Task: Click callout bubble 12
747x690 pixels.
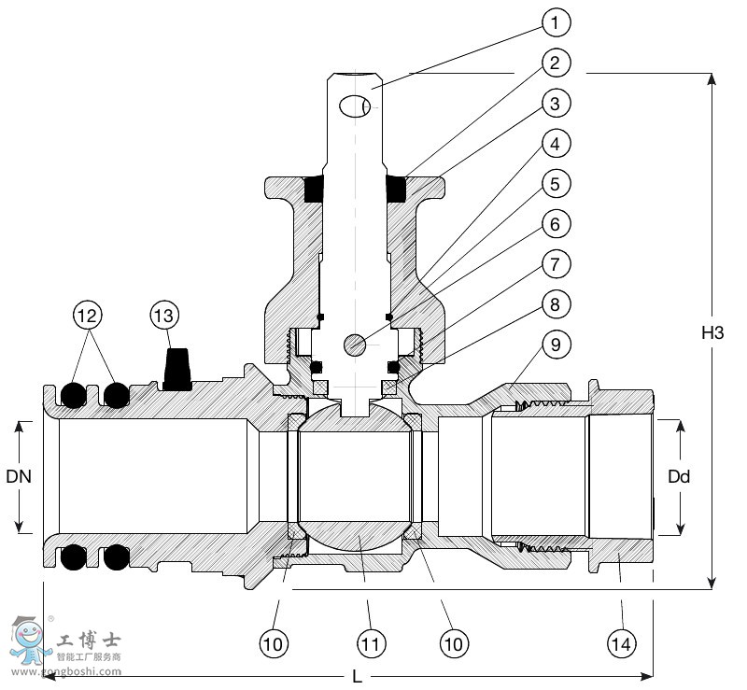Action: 88,317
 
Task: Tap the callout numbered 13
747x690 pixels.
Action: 163,317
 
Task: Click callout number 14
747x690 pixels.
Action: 620,642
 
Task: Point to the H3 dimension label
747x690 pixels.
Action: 712,331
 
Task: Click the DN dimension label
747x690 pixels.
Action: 19,476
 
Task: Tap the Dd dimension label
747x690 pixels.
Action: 679,476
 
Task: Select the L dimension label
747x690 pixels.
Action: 357,676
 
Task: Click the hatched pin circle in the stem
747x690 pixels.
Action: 355,345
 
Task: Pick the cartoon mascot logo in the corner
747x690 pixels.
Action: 28,638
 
